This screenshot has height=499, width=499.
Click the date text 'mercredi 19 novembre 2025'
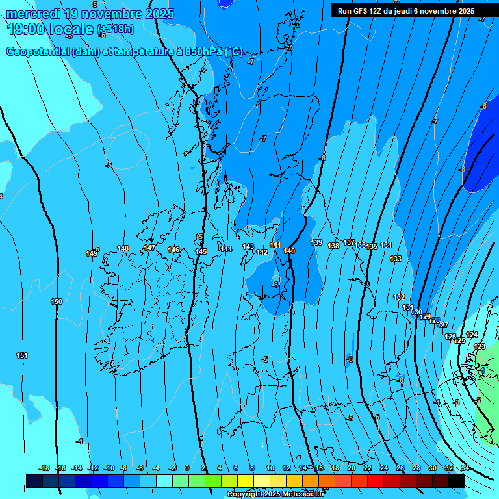point(90,14)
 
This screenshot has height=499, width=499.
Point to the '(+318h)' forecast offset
point(116,29)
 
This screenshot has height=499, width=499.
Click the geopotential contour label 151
point(22,355)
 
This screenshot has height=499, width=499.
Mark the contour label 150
point(57,301)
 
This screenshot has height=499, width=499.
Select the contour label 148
point(123,249)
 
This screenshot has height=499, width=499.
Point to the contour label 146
point(173,249)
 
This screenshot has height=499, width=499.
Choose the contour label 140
point(289,251)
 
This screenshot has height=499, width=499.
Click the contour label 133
point(396,259)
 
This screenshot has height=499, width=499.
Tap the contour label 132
point(399,297)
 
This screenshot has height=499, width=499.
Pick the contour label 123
point(480,347)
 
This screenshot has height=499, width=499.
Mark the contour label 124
point(472,335)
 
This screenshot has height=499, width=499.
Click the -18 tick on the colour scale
point(45,468)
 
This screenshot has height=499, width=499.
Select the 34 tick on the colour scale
point(465,468)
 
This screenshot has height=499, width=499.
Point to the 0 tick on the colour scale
point(187,468)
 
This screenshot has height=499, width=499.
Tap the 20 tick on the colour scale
point(352,468)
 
